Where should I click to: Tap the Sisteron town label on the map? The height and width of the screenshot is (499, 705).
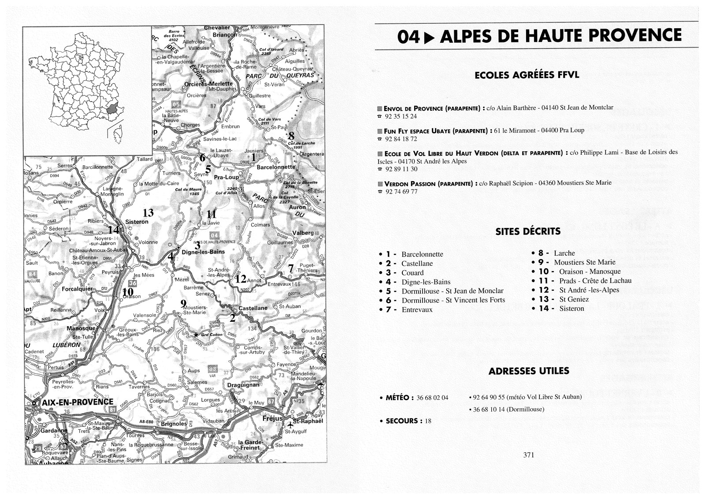(137, 222)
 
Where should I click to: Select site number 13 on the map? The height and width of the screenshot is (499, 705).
(148, 213)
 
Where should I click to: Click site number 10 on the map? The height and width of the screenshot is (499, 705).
(128, 291)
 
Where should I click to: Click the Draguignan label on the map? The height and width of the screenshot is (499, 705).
(243, 385)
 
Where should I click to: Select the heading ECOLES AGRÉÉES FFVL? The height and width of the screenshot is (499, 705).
(527, 75)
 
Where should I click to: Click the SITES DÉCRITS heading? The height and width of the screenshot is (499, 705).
(528, 231)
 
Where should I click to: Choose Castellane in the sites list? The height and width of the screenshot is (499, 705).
(417, 264)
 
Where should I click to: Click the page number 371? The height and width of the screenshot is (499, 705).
(528, 455)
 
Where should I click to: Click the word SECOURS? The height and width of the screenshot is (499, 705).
(401, 421)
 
